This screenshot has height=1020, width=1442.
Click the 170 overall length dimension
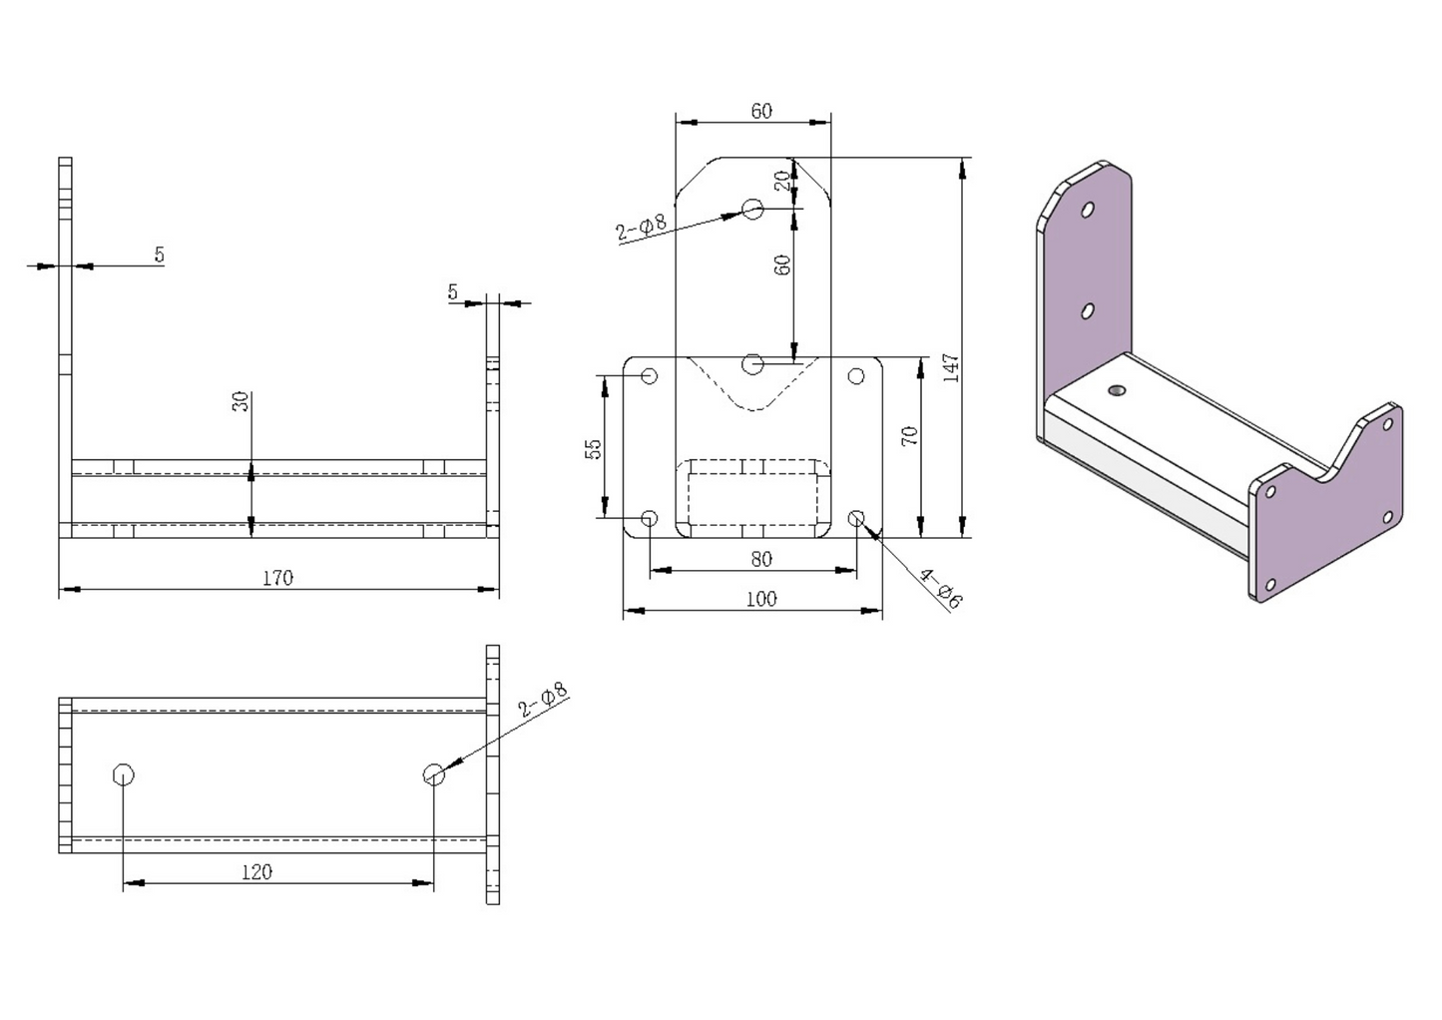(x=277, y=578)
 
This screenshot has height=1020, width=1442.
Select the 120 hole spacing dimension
(x=256, y=871)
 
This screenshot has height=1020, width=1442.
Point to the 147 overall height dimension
(x=950, y=368)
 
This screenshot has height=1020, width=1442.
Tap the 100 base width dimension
(x=760, y=599)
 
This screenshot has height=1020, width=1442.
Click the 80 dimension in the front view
(x=760, y=559)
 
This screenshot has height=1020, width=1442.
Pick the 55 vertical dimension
(x=594, y=448)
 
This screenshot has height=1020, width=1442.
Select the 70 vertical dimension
(x=909, y=436)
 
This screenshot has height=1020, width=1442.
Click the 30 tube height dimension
(x=240, y=402)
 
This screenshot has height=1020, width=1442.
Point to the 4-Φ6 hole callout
(x=940, y=589)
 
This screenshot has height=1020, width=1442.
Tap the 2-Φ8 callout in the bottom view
(x=543, y=701)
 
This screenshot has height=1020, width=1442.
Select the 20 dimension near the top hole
(x=783, y=180)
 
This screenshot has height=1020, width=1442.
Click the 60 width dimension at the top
(x=760, y=111)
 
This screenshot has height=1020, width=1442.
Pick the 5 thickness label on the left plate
(x=159, y=255)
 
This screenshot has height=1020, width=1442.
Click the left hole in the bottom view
(x=124, y=774)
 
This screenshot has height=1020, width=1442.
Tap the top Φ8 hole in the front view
(x=753, y=209)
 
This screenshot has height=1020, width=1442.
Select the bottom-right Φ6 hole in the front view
(x=856, y=518)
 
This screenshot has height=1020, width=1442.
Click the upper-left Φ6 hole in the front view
(x=650, y=376)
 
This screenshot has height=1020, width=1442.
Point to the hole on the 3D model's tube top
(x=1117, y=390)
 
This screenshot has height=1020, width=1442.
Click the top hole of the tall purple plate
(x=1088, y=211)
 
